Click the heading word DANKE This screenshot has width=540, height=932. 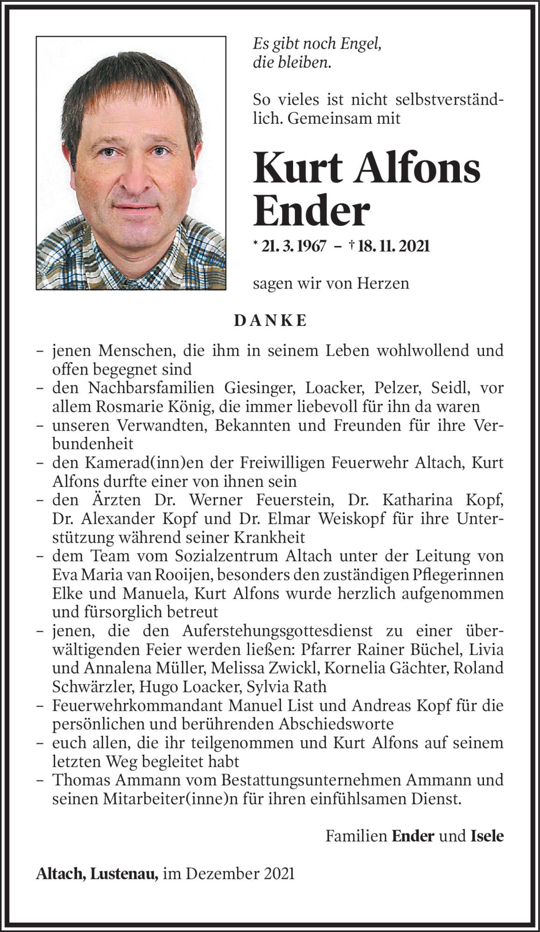pyautogui.click(x=270, y=321)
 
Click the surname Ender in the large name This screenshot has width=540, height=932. pyautogui.click(x=311, y=211)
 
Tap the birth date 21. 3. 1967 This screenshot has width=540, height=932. pyautogui.click(x=294, y=246)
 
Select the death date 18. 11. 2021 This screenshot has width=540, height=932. pyautogui.click(x=392, y=246)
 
